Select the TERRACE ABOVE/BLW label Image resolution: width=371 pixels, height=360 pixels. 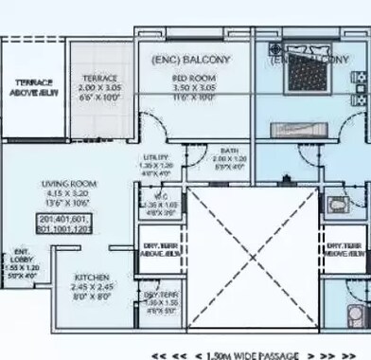[30, 87]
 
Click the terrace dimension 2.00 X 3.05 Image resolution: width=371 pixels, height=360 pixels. [100, 87]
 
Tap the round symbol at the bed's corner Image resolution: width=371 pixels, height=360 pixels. [275, 48]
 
